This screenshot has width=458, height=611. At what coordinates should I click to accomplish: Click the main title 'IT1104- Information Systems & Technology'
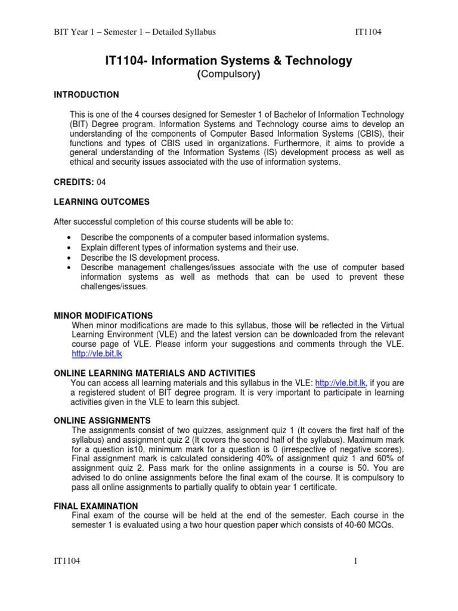tap(228, 60)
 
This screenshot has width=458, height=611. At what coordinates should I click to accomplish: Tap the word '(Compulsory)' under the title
tap(229, 75)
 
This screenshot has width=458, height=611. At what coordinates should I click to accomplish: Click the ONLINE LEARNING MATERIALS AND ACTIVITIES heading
tap(154, 373)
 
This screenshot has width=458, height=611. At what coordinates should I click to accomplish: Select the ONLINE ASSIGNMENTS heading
tap(102, 421)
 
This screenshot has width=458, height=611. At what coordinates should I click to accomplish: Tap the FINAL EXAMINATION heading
tap(96, 506)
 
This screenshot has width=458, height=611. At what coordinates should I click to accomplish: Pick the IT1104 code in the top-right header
tap(369, 32)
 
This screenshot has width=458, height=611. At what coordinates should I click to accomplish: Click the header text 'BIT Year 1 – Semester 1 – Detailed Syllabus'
tap(135, 32)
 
